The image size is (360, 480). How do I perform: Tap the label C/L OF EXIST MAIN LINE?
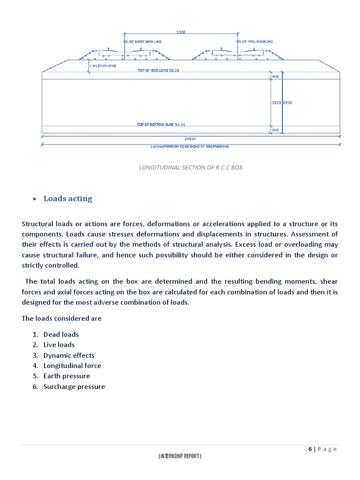pyautogui.click(x=142, y=42)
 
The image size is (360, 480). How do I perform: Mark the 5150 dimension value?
pyautogui.click(x=276, y=102)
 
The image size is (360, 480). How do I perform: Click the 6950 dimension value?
pyautogui.click(x=287, y=102)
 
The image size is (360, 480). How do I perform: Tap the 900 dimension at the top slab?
pyautogui.click(x=275, y=75)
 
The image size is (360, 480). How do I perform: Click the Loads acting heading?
pyautogui.click(x=68, y=199)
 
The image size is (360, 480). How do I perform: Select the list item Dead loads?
pyautogui.click(x=61, y=335)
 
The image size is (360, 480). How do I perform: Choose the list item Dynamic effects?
pyautogui.click(x=69, y=355)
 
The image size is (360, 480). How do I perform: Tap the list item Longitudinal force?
pyautogui.click(x=72, y=366)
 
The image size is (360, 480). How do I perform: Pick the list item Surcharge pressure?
pyautogui.click(x=74, y=387)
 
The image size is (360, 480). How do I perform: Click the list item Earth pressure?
pyautogui.click(x=67, y=376)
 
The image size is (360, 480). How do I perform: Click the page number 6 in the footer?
pyautogui.click(x=310, y=449)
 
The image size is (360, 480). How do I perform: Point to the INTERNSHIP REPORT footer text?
pyautogui.click(x=180, y=456)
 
